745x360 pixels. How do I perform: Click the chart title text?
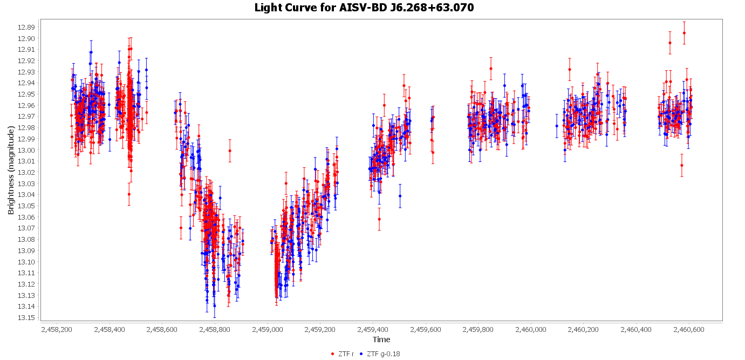pos(364,8)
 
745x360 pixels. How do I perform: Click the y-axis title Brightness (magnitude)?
pos(11,170)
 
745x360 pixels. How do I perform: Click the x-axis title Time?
pos(381,339)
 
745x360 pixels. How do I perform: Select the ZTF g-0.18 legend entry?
pos(383,354)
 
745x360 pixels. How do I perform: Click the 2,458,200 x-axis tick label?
pos(57,329)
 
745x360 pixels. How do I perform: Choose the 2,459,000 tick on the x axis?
pos(268,329)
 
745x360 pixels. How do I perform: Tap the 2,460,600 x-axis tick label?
pos(689,329)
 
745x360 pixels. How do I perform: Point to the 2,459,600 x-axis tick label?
pos(426,329)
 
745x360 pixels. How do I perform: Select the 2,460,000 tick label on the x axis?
pos(531,329)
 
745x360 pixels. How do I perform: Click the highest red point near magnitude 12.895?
pos(684,33)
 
